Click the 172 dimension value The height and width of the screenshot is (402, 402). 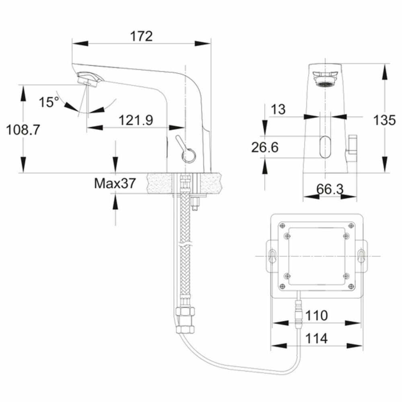[141, 36]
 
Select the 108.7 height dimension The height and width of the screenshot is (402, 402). [23, 129]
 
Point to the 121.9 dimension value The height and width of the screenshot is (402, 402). [135, 120]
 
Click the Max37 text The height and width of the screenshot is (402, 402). [115, 183]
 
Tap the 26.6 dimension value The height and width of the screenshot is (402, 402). [265, 147]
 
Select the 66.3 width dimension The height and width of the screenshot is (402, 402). [330, 189]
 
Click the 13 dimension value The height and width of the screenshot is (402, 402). [277, 109]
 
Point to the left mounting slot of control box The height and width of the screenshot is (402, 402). [273, 256]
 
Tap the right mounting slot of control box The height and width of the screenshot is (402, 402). [361, 256]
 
